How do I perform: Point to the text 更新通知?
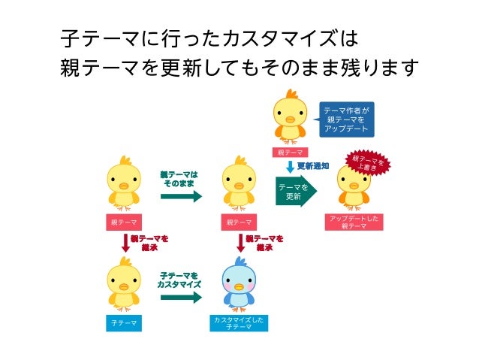313,165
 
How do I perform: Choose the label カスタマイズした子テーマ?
239,323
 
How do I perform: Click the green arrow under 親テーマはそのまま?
181,197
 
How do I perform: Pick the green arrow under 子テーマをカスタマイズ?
180,298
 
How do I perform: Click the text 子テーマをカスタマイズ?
179,280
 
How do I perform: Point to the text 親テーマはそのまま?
179,179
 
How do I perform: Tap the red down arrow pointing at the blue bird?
241,244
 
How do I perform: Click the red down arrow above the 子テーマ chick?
125,244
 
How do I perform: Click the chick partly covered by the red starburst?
353,188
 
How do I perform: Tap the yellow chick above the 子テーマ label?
124,284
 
